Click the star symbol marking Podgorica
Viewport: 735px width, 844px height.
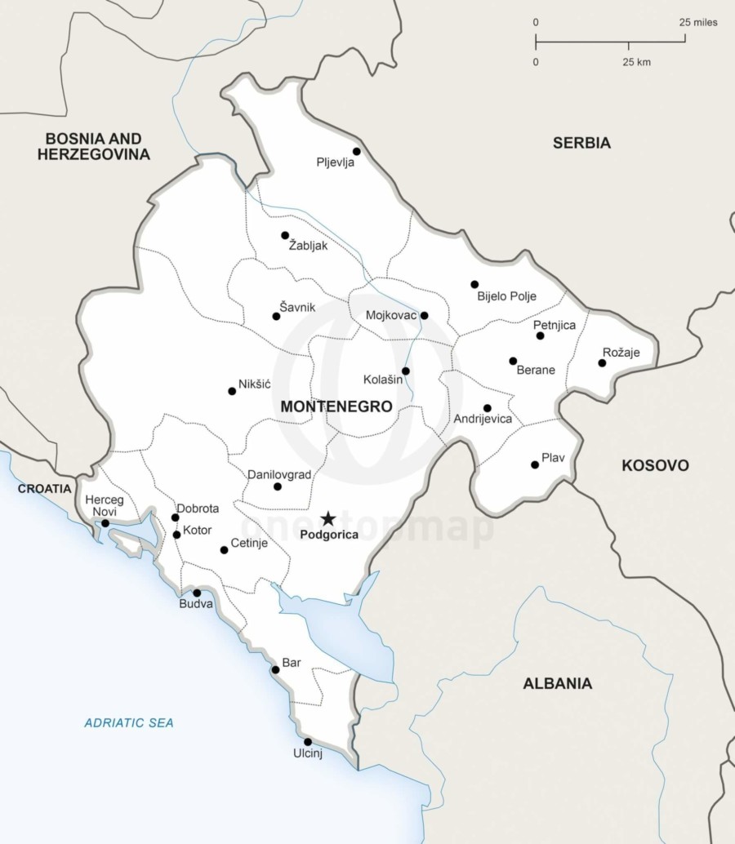(x=327, y=518)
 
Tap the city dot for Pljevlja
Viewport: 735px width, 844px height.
(x=356, y=151)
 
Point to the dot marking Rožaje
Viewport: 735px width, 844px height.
(x=602, y=362)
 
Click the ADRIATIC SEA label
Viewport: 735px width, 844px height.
(x=129, y=722)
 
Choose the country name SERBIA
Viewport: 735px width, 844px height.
(x=581, y=143)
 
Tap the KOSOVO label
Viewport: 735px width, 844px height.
(x=655, y=465)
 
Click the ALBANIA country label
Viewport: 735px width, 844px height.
(x=558, y=684)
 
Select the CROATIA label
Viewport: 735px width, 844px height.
(x=45, y=488)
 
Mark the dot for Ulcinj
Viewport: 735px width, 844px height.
(x=308, y=742)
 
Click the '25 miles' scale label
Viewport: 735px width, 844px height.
(x=698, y=22)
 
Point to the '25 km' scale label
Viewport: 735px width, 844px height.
(x=637, y=62)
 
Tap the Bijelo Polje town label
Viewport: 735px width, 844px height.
(x=506, y=296)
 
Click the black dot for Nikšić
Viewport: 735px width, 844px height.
(x=232, y=391)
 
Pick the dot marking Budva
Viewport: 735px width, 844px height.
(x=197, y=593)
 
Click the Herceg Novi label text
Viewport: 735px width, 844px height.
(x=105, y=505)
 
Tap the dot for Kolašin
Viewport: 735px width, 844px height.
(x=406, y=371)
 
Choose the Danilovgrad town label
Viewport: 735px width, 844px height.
(x=279, y=474)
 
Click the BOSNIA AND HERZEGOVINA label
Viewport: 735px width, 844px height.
(x=94, y=146)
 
